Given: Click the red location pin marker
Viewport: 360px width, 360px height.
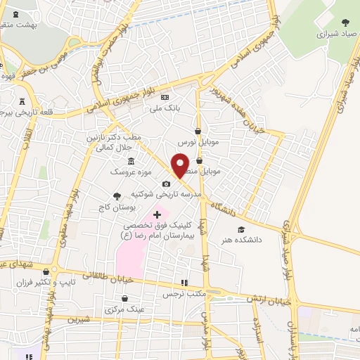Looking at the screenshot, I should coord(180,165).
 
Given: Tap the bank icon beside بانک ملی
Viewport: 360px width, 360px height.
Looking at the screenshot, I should coord(165,98).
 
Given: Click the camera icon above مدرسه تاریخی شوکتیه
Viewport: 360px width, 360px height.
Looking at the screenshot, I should coord(166,184).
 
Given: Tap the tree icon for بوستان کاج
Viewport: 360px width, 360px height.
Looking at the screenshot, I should coord(116,196).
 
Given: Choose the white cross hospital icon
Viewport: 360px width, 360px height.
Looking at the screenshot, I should coord(157,214).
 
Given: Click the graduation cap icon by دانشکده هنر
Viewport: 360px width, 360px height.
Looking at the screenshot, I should coord(241,229).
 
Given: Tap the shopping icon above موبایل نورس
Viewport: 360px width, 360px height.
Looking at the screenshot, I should coord(198,131).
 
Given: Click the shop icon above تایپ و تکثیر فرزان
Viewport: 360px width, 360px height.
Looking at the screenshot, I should coord(46,271).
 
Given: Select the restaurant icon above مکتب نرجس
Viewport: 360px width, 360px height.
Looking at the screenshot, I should coord(184,282).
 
